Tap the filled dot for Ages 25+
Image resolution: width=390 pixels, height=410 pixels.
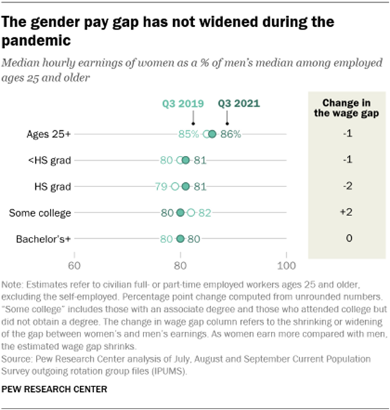pyautogui.click(x=212, y=134)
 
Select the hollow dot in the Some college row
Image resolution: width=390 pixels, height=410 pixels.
pyautogui.click(x=191, y=213)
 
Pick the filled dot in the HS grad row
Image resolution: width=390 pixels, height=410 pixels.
pyautogui.click(x=186, y=186)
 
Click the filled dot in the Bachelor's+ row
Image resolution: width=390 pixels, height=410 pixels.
pyautogui.click(x=181, y=239)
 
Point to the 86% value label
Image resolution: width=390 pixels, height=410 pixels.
pyautogui.click(x=231, y=134)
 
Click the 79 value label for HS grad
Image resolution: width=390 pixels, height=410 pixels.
pyautogui.click(x=161, y=186)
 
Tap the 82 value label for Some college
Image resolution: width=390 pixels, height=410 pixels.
pyautogui.click(x=204, y=213)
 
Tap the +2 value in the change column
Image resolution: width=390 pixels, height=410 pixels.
pyautogui.click(x=349, y=213)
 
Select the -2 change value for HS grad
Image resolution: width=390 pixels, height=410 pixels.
pyautogui.click(x=349, y=186)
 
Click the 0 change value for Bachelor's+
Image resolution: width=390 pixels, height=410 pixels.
pyautogui.click(x=349, y=239)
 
